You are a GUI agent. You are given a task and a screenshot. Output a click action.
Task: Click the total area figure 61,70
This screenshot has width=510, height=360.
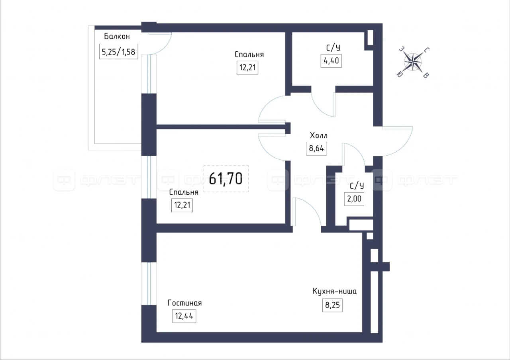(226, 178)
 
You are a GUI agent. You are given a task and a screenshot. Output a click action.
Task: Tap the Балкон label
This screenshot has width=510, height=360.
(117, 36)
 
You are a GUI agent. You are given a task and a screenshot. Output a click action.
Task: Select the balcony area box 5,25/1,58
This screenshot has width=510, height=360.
(118, 52)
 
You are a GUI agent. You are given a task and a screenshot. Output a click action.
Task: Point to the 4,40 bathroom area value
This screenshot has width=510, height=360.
(331, 61)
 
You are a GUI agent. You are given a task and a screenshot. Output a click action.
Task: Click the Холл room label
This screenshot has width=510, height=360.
(318, 136)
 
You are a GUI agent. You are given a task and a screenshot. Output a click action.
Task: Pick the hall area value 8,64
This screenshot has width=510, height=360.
(316, 149)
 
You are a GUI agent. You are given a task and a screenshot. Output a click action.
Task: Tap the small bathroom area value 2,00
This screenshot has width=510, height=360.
(354, 199)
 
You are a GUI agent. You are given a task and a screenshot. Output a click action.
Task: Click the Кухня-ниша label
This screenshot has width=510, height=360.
(334, 291)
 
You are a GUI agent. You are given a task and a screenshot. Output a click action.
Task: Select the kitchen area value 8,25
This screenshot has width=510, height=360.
(332, 305)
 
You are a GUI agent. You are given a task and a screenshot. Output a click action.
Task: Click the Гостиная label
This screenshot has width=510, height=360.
(184, 303)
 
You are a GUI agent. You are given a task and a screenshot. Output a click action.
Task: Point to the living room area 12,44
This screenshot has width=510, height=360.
(184, 316)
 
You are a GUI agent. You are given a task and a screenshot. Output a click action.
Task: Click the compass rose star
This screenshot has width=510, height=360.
(412, 62)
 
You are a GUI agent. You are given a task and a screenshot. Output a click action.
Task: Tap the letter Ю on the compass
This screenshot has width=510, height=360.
(399, 74)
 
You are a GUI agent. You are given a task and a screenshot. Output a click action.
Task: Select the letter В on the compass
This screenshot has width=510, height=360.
(426, 75)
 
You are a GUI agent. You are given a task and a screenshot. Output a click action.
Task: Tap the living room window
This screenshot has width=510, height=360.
(149, 284)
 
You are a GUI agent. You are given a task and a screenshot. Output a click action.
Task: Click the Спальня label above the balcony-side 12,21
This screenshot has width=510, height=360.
(249, 55)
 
